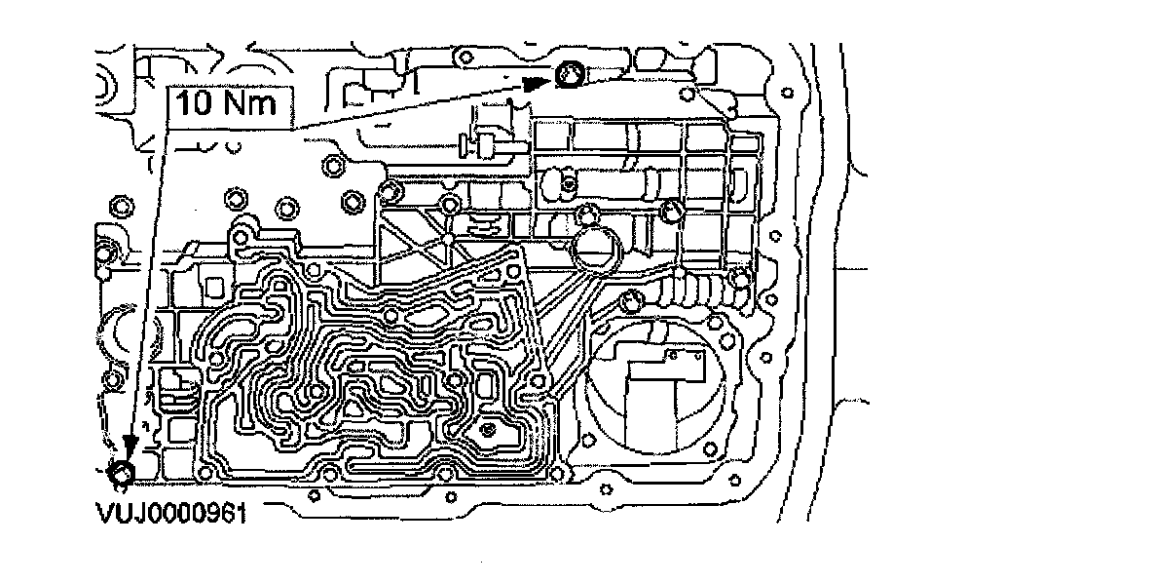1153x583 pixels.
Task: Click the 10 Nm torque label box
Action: click(x=230, y=101)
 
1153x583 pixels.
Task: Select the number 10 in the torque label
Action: click(x=198, y=102)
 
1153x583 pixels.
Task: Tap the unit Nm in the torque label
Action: click(x=250, y=102)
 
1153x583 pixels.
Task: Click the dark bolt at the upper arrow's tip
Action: click(x=570, y=72)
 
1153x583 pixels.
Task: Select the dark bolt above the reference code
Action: click(x=122, y=474)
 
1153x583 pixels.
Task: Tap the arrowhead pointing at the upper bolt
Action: click(x=534, y=84)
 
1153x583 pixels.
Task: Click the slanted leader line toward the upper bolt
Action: click(x=409, y=108)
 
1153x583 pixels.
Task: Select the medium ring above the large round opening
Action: click(x=596, y=248)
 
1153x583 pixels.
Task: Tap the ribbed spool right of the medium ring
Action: click(x=696, y=290)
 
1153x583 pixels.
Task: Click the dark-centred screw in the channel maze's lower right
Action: click(x=489, y=430)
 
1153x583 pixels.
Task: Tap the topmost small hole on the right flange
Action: click(x=785, y=91)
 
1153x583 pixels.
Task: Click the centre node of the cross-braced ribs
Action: click(x=446, y=237)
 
